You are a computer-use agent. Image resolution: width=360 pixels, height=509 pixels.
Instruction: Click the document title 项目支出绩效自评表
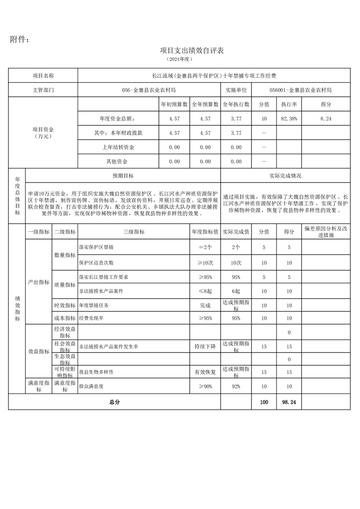(x=192, y=50)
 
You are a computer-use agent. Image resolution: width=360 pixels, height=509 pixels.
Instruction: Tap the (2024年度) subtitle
(x=180, y=59)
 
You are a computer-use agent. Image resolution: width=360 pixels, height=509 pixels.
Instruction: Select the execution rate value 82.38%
(x=289, y=118)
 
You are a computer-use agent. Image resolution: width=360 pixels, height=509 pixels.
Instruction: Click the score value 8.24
(x=325, y=118)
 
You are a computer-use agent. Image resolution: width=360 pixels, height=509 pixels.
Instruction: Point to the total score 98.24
(x=289, y=402)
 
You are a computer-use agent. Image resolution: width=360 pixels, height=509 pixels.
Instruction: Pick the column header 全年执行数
(x=236, y=104)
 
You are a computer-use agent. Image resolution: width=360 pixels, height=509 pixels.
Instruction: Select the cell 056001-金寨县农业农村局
(x=301, y=90)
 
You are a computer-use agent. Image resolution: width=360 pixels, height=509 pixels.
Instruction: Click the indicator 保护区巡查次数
(x=96, y=262)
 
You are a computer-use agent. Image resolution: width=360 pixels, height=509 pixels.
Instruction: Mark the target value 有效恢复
(x=205, y=372)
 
